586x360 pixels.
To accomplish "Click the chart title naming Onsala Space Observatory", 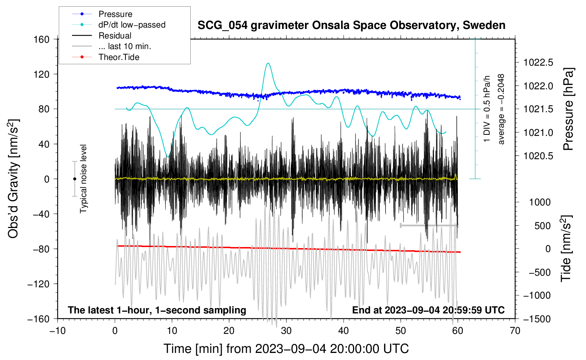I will click(351, 25).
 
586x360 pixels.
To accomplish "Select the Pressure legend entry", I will click(115, 14).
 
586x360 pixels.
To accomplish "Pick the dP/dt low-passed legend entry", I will click(132, 25).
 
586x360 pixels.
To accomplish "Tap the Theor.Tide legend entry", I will click(119, 57).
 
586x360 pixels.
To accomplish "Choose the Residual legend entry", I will click(115, 36).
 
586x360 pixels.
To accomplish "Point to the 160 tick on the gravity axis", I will click(42, 39).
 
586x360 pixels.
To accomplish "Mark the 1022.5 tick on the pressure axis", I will click(538, 63).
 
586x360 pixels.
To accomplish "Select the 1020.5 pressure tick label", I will click(538, 156).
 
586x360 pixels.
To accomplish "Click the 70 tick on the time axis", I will click(515, 331).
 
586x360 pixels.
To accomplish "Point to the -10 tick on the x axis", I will click(58, 331).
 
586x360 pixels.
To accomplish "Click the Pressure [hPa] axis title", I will click(568, 109).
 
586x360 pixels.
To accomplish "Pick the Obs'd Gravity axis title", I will click(13, 179).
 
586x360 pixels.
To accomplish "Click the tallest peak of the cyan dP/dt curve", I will click(268, 63).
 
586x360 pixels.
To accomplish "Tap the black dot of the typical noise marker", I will click(74, 179).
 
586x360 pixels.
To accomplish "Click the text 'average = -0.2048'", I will click(501, 109).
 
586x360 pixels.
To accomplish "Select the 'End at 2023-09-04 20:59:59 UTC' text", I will click(428, 310).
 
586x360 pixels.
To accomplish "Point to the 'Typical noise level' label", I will click(83, 179).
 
